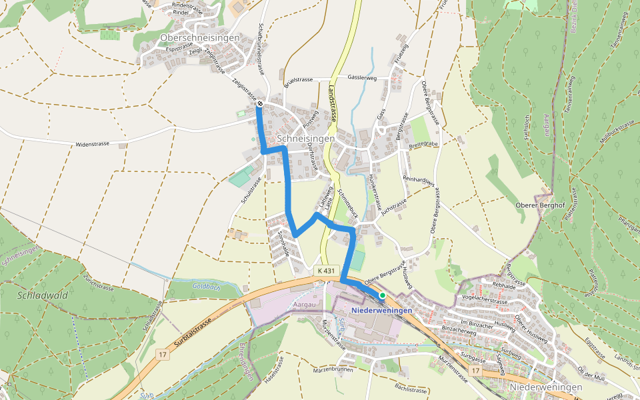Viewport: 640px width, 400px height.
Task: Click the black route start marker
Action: pyautogui.click(x=259, y=104)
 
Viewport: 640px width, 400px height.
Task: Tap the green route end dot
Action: pyautogui.click(x=382, y=295)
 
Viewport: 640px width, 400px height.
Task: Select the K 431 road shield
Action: pyautogui.click(x=325, y=271)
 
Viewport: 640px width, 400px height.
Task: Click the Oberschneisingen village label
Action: pyautogui.click(x=199, y=39)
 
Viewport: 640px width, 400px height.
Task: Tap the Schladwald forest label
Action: pyautogui.click(x=42, y=295)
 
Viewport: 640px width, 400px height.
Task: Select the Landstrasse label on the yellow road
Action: pyautogui.click(x=332, y=103)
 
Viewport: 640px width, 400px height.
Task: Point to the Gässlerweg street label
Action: pyautogui.click(x=362, y=78)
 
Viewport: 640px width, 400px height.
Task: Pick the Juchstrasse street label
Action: pyautogui.click(x=394, y=207)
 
